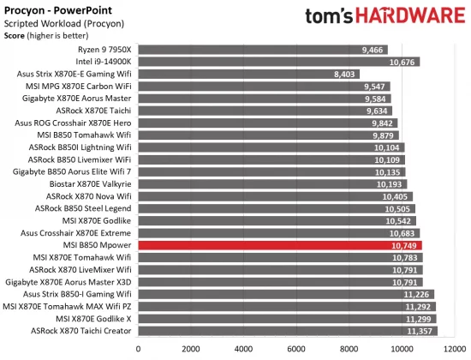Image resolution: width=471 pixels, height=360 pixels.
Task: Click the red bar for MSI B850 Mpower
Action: tap(280, 244)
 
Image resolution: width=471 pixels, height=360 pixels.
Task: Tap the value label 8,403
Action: tap(355, 74)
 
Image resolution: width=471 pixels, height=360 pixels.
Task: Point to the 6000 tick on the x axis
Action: tap(296, 349)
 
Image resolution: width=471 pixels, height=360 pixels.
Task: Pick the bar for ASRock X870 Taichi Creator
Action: tap(288, 330)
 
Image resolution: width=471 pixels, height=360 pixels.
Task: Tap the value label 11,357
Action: tap(419, 330)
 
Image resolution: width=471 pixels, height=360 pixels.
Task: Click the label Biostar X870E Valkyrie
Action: tap(83, 183)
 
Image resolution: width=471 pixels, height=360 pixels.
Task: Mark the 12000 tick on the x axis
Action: tap(453, 349)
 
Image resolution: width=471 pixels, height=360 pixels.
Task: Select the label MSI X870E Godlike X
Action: tap(90, 318)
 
